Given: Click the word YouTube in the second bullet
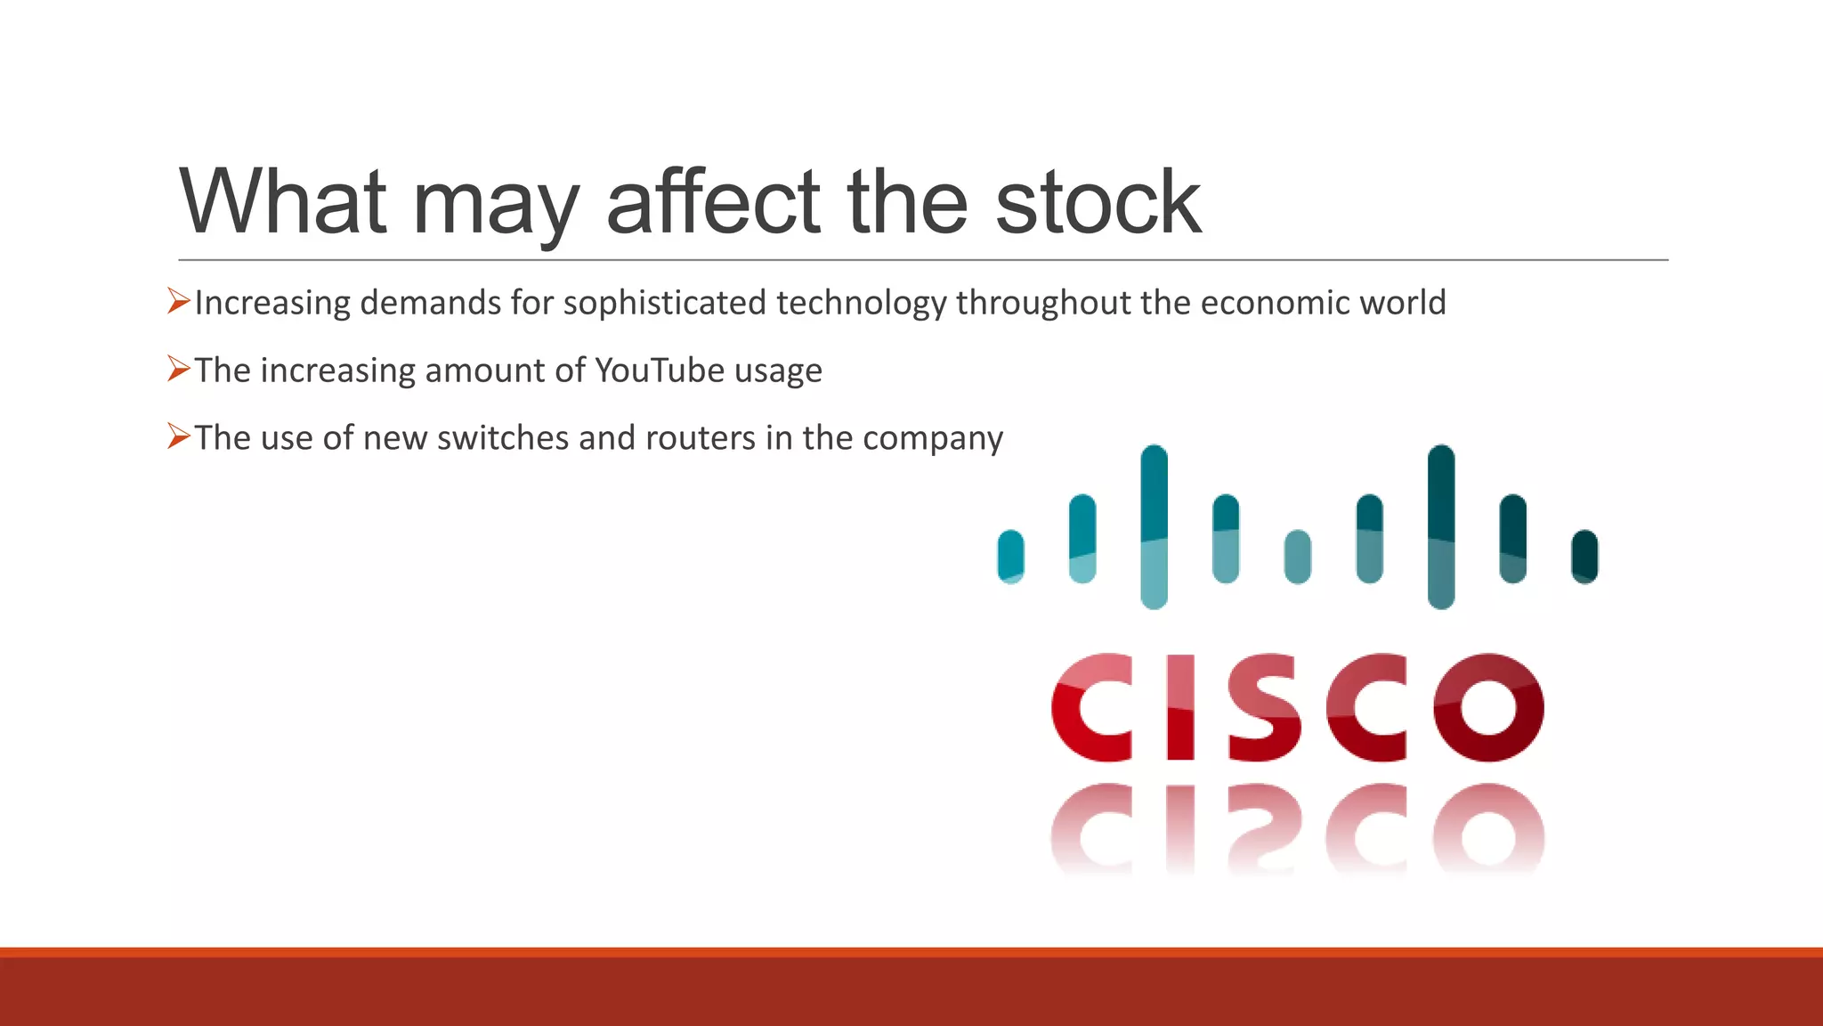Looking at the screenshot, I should click(x=660, y=370).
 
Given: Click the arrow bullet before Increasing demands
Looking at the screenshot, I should click(x=179, y=301).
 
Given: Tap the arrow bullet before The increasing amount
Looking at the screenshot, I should click(x=179, y=369).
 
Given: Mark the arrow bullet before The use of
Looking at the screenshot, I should click(x=179, y=436).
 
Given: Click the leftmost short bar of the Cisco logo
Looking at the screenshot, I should click(x=1010, y=557).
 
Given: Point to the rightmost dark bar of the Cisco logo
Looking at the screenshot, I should click(x=1584, y=557).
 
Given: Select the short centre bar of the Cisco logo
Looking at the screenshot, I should click(x=1298, y=557).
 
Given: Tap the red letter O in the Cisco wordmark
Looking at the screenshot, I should click(x=1488, y=708).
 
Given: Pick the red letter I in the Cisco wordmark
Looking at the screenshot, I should click(x=1180, y=708).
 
